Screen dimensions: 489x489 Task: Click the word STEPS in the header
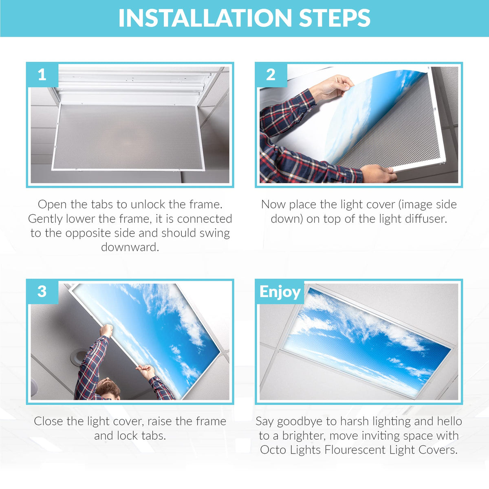point(335,18)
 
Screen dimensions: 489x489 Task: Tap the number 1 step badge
point(42,75)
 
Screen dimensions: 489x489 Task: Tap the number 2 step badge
point(271,75)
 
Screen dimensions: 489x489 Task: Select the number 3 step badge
point(42,292)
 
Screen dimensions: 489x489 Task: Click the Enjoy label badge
point(280,292)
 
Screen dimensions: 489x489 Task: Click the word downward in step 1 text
point(130,247)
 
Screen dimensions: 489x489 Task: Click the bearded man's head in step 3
point(108,388)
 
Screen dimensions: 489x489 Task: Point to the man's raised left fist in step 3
point(106,330)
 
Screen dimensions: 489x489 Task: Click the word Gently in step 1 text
point(46,219)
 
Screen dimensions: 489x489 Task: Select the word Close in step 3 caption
point(48,421)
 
